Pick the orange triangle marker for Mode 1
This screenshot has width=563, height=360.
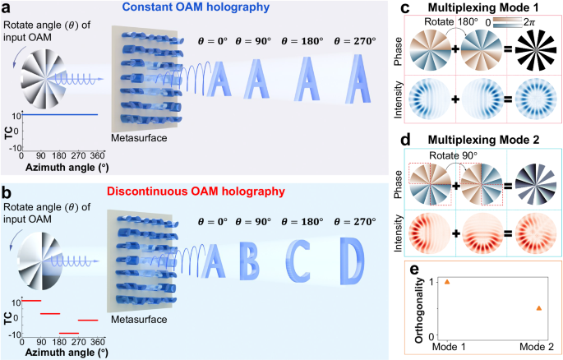(446, 281)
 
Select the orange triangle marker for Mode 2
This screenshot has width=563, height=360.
(538, 307)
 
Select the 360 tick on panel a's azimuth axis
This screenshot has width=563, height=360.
(97, 157)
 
